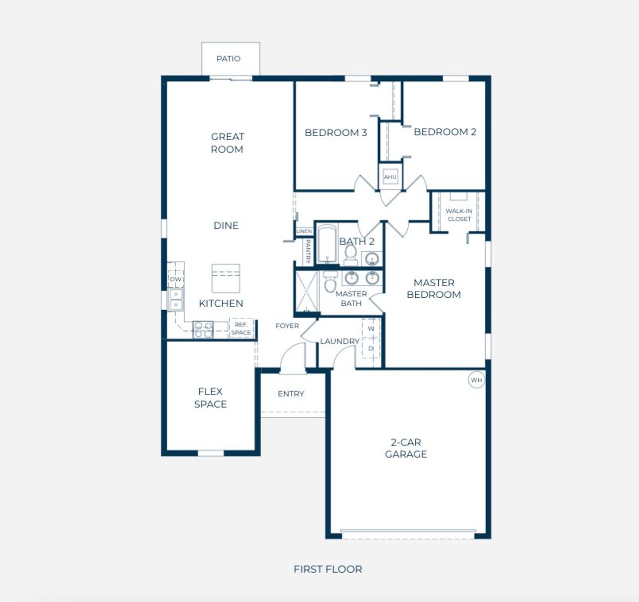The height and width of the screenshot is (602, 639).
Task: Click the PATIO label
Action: (229, 58)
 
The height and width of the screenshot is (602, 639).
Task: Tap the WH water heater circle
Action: (477, 380)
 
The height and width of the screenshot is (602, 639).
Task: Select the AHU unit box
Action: (390, 177)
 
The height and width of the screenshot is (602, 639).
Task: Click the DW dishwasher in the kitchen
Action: (175, 279)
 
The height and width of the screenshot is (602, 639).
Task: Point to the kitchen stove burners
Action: (203, 330)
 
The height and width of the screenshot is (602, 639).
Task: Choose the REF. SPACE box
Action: (241, 328)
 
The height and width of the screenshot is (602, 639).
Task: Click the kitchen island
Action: (226, 278)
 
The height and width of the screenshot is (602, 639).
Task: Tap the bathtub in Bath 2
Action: (327, 244)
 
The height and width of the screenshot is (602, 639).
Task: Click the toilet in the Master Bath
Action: (330, 282)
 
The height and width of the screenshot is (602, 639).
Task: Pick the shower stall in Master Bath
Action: (307, 291)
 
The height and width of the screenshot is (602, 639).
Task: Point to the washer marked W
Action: (371, 328)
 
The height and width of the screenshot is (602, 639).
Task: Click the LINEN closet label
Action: (304, 231)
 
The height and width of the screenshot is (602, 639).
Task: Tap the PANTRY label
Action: (308, 251)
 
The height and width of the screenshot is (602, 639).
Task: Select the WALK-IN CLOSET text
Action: (459, 215)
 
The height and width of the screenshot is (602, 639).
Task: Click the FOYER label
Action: (287, 326)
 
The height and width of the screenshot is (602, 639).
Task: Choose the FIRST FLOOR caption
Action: (328, 569)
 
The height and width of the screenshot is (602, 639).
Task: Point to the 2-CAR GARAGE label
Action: (406, 448)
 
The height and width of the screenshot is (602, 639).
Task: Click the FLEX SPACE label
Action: (211, 398)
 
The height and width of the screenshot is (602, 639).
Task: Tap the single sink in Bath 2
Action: (372, 258)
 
